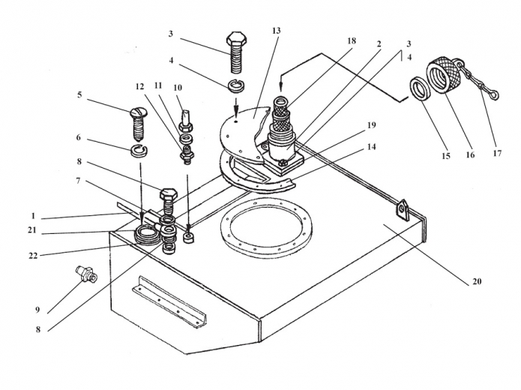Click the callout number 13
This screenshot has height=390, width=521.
(276, 31)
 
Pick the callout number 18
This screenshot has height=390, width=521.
(352, 42)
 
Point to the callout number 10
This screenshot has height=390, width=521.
(178, 87)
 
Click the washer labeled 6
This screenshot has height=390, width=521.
(137, 152)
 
